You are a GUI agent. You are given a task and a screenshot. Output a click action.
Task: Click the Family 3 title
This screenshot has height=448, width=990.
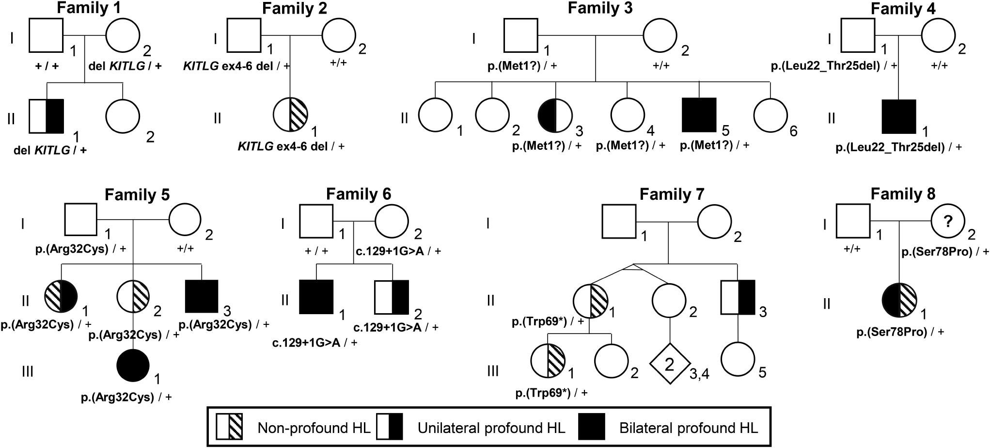[x=600, y=8]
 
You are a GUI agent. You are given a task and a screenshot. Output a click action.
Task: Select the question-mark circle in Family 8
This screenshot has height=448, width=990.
[x=948, y=222]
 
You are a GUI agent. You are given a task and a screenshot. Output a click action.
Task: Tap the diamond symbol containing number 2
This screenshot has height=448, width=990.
[x=669, y=364]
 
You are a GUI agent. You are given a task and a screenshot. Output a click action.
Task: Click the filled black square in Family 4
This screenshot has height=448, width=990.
[x=898, y=116]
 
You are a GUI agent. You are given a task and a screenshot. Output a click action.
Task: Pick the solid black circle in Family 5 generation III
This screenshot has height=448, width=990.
[x=133, y=365]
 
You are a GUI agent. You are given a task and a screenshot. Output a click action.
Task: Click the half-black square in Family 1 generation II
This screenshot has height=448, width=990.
[x=47, y=116]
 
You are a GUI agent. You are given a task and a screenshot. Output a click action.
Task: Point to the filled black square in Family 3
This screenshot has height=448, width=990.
[x=699, y=115]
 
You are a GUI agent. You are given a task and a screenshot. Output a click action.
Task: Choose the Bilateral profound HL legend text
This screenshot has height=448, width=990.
[x=689, y=428]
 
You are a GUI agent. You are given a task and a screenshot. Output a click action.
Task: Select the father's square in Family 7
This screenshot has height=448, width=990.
[x=619, y=222]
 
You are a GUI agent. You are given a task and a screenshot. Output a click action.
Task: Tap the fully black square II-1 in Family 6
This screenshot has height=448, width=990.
[x=316, y=297]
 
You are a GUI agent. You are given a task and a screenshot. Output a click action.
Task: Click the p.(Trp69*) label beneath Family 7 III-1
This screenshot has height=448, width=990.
[x=551, y=393]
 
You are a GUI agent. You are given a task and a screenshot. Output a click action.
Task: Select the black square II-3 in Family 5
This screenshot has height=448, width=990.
[x=202, y=296]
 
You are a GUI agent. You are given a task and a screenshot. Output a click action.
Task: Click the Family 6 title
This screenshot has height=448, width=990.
[x=358, y=194]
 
